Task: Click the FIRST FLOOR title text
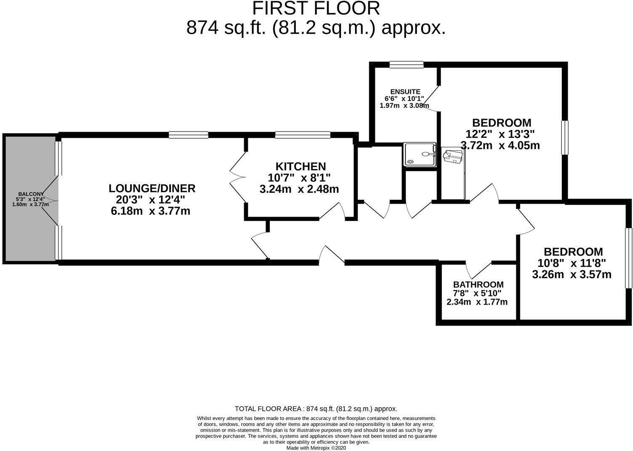316,8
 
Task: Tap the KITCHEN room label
300,166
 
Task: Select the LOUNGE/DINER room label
152,188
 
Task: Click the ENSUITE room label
405,92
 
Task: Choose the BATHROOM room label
478,284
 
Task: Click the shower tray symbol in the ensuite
420,154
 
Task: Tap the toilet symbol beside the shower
453,156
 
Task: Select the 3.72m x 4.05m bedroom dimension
500,146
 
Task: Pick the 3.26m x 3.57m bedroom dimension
572,275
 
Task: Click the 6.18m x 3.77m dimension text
150,211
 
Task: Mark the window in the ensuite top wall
406,64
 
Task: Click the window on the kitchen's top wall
302,135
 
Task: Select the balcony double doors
51,200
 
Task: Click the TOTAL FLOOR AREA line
316,409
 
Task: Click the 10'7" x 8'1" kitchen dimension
299,178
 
